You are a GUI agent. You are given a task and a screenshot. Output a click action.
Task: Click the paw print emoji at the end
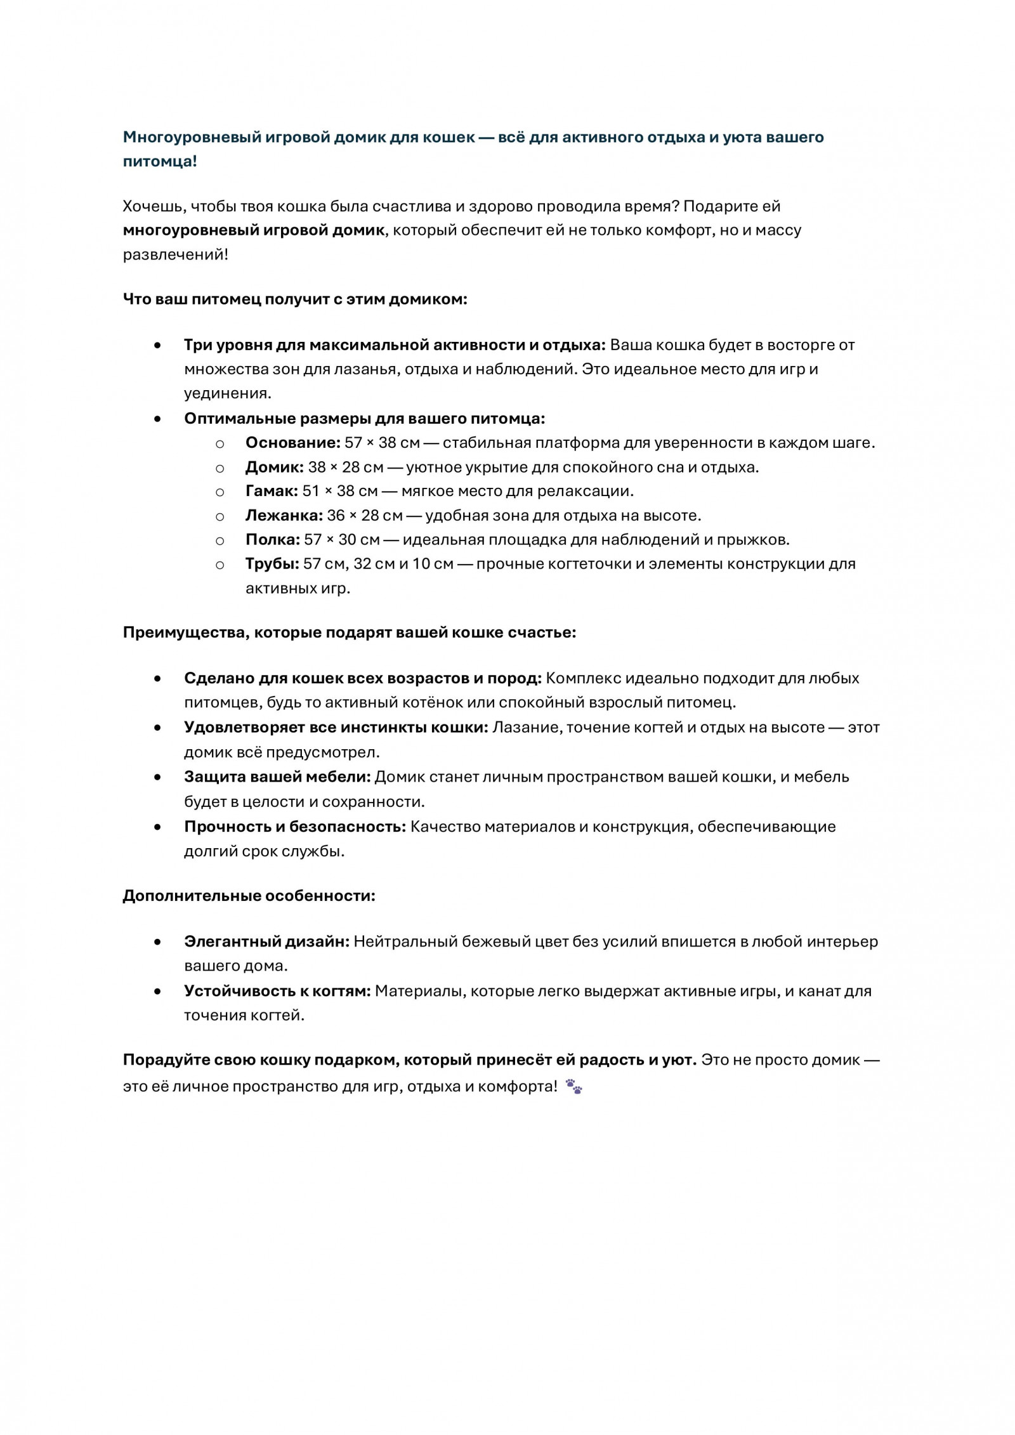pos(573,1087)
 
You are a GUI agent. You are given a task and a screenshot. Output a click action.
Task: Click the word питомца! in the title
pos(160,161)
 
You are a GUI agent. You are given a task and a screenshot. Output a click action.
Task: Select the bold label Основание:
pos(293,443)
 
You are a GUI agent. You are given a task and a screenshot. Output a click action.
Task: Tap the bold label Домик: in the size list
pos(275,468)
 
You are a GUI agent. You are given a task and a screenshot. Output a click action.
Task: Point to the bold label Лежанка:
pos(284,515)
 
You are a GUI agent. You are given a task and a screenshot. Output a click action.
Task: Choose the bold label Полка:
pos(273,540)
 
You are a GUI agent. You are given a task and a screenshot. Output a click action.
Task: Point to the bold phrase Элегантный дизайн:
pos(266,941)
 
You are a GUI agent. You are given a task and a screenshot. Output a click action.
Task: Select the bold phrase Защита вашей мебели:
pos(277,777)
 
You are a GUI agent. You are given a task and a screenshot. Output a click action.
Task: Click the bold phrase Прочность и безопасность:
pos(295,827)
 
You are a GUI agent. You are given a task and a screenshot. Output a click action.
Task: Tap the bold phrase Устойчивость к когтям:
pos(277,991)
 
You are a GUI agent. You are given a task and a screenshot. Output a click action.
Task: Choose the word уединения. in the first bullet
pos(228,393)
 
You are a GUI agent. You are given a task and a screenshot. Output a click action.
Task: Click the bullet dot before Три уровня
pos(157,346)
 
